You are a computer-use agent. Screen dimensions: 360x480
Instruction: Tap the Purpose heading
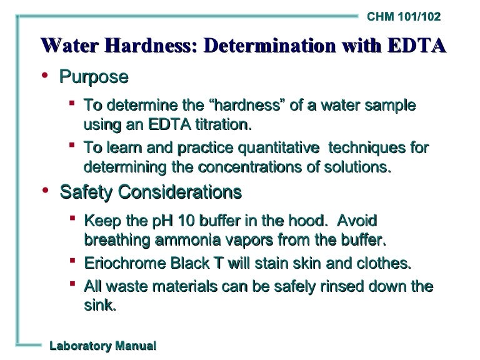click(x=94, y=77)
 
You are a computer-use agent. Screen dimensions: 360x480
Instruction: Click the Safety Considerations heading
click(x=151, y=192)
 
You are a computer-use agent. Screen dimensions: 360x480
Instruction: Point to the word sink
click(x=99, y=306)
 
